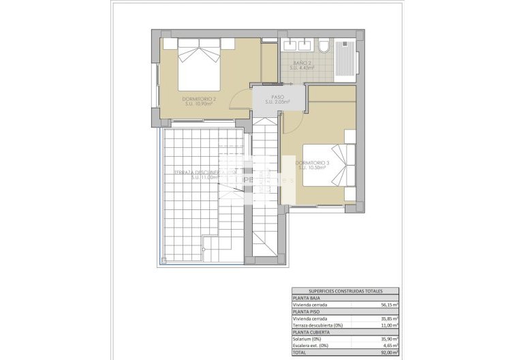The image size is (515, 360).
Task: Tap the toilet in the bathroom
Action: coord(324,46)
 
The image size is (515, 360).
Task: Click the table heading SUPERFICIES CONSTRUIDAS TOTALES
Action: coord(345,290)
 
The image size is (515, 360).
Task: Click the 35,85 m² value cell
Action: coord(389,318)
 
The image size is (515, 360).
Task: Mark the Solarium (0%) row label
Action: coord(307,340)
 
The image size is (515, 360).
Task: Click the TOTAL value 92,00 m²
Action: coord(389,353)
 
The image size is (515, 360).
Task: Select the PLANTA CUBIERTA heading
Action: coord(313,332)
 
